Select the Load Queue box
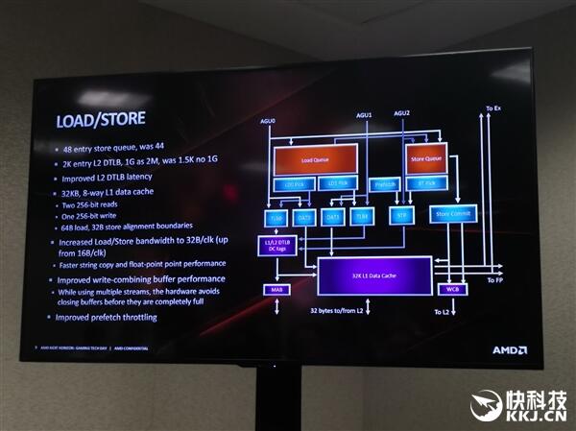(x=315, y=160)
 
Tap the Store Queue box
(x=427, y=158)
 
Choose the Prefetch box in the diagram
(x=384, y=185)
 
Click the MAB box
(x=276, y=289)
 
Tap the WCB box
(x=452, y=289)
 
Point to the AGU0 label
(x=269, y=121)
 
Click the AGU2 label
(x=401, y=114)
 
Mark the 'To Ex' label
(x=493, y=109)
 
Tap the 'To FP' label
(x=495, y=279)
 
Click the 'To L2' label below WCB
(x=443, y=312)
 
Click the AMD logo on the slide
(x=509, y=349)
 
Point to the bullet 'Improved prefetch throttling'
(x=106, y=317)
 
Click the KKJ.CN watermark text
(x=536, y=417)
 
